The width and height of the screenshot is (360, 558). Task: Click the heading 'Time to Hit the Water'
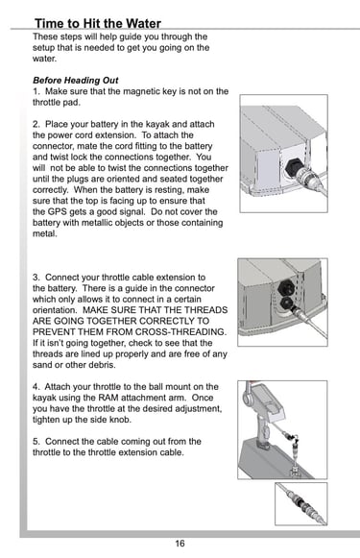(x=98, y=23)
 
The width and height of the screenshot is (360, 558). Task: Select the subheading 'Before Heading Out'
(x=76, y=80)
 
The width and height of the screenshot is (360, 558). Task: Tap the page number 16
(x=180, y=543)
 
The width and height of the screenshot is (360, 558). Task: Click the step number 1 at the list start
(x=36, y=91)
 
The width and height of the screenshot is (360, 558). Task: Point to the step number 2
(x=36, y=124)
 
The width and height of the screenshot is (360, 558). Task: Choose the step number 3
(x=36, y=278)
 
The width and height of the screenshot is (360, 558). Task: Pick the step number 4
(x=36, y=387)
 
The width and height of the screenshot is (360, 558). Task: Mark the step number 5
(x=36, y=442)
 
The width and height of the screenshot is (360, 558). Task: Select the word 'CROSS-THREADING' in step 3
(x=180, y=332)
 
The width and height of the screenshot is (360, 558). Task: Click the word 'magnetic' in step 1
(x=140, y=92)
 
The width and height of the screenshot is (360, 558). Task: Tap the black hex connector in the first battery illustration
(x=294, y=166)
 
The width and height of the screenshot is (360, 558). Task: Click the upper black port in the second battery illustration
(x=286, y=287)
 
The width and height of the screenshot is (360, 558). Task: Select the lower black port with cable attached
(x=287, y=303)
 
